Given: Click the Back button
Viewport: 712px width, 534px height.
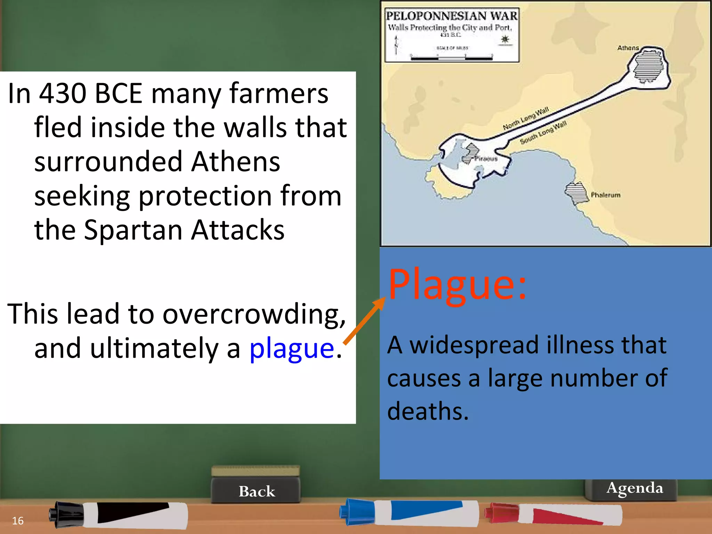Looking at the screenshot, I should point(257,491).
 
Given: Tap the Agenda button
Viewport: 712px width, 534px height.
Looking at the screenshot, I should point(634,488).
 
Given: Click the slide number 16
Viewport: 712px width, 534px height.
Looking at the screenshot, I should point(18,520).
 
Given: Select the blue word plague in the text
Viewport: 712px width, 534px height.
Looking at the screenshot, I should point(292,349).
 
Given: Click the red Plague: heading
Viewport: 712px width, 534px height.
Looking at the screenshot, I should point(457,285).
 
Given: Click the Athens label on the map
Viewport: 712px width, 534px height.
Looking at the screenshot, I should point(628,48).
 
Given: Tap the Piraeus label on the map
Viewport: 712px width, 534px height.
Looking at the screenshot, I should point(486,159).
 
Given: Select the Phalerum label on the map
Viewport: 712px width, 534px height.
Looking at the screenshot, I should point(606,195).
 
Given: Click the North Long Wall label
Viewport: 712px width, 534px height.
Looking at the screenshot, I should point(526,119).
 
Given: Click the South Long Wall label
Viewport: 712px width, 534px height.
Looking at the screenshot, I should point(543,132).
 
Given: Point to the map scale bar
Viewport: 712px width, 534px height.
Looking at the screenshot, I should point(451,57).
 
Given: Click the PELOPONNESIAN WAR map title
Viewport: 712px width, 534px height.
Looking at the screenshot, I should point(452,16).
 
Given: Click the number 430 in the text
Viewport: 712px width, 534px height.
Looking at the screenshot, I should point(63,93).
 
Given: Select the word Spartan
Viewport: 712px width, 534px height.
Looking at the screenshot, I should point(134,230).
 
